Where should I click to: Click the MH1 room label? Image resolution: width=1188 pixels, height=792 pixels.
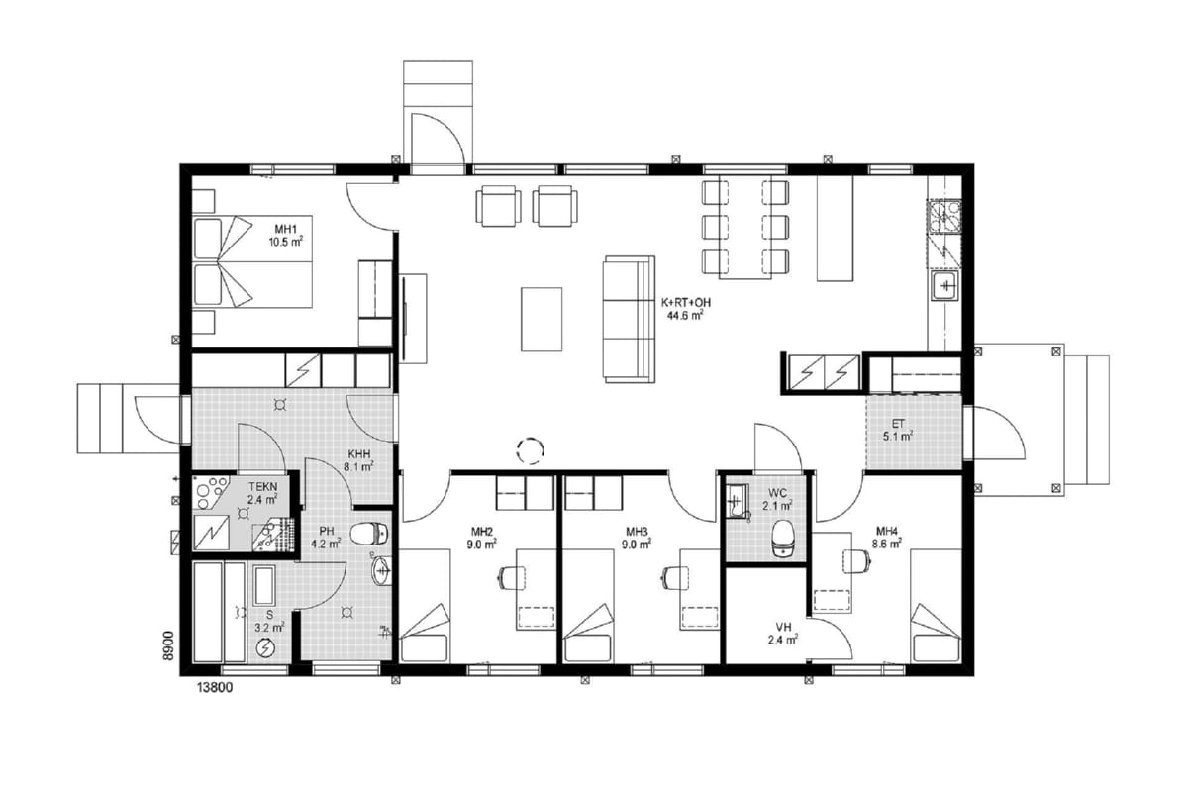286,229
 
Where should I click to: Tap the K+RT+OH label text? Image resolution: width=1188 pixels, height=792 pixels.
685,302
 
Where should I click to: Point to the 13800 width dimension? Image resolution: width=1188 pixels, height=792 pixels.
215,688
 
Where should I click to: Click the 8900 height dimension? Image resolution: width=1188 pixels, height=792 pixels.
168,645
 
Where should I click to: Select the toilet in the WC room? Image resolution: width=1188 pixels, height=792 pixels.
783,539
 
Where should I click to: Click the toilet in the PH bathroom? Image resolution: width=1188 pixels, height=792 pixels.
369,534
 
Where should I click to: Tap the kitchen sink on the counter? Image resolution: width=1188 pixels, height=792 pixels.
945,287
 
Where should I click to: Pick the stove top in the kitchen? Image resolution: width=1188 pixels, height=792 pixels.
944,217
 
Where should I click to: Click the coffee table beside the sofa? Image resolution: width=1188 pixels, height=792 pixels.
542,320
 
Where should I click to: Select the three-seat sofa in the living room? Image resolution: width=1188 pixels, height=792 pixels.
629,319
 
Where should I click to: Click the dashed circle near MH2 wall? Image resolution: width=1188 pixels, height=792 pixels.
530,450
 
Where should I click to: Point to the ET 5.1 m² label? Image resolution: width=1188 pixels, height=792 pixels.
898,431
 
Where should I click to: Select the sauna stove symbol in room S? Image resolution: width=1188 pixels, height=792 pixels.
265,647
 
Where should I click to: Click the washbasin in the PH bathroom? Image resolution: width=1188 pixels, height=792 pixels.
381,569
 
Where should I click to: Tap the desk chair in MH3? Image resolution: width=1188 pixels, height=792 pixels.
675,578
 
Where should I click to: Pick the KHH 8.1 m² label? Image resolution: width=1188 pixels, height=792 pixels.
359,460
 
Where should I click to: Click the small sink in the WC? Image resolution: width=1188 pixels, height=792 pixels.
737,501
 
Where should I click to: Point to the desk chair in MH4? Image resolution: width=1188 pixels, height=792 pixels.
856,561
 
